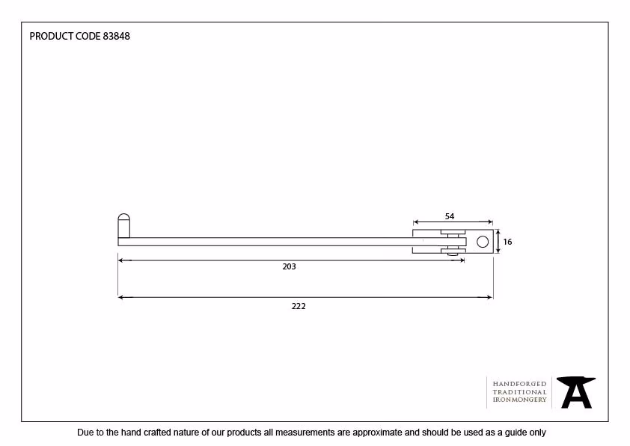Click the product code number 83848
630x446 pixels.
(117, 36)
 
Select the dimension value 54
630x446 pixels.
(450, 216)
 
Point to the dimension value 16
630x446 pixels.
(507, 242)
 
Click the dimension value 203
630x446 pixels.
(290, 266)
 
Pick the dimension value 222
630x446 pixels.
(299, 306)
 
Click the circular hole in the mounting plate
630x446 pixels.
(483, 242)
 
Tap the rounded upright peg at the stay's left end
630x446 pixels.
(123, 225)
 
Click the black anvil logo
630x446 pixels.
(576, 392)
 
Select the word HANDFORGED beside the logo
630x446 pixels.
(519, 384)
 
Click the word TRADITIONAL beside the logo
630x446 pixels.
(519, 392)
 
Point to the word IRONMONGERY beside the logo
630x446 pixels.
(519, 400)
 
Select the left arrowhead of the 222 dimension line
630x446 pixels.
(120, 297)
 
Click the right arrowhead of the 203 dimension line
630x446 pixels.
(462, 260)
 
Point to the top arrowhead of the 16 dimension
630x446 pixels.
(498, 232)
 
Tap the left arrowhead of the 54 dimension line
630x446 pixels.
(416, 222)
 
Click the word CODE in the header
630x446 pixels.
(88, 36)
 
